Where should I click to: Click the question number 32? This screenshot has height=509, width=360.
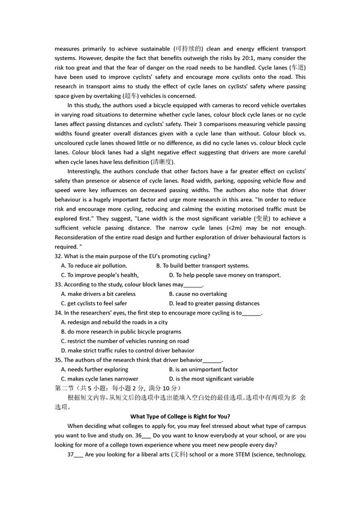[x=58, y=256]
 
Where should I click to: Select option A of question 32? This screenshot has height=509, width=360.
[x=94, y=265]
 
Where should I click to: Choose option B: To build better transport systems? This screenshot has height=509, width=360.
[x=202, y=265]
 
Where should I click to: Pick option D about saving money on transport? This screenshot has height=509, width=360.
[x=224, y=275]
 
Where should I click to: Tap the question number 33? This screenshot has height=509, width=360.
[x=58, y=285]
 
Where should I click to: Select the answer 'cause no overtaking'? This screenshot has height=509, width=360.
[x=197, y=294]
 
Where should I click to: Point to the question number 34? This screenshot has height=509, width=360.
[x=58, y=313]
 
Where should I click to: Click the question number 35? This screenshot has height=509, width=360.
[x=58, y=360]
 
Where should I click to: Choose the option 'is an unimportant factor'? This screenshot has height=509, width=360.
[x=203, y=370]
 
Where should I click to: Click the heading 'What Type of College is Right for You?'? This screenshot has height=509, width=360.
[x=180, y=417]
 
